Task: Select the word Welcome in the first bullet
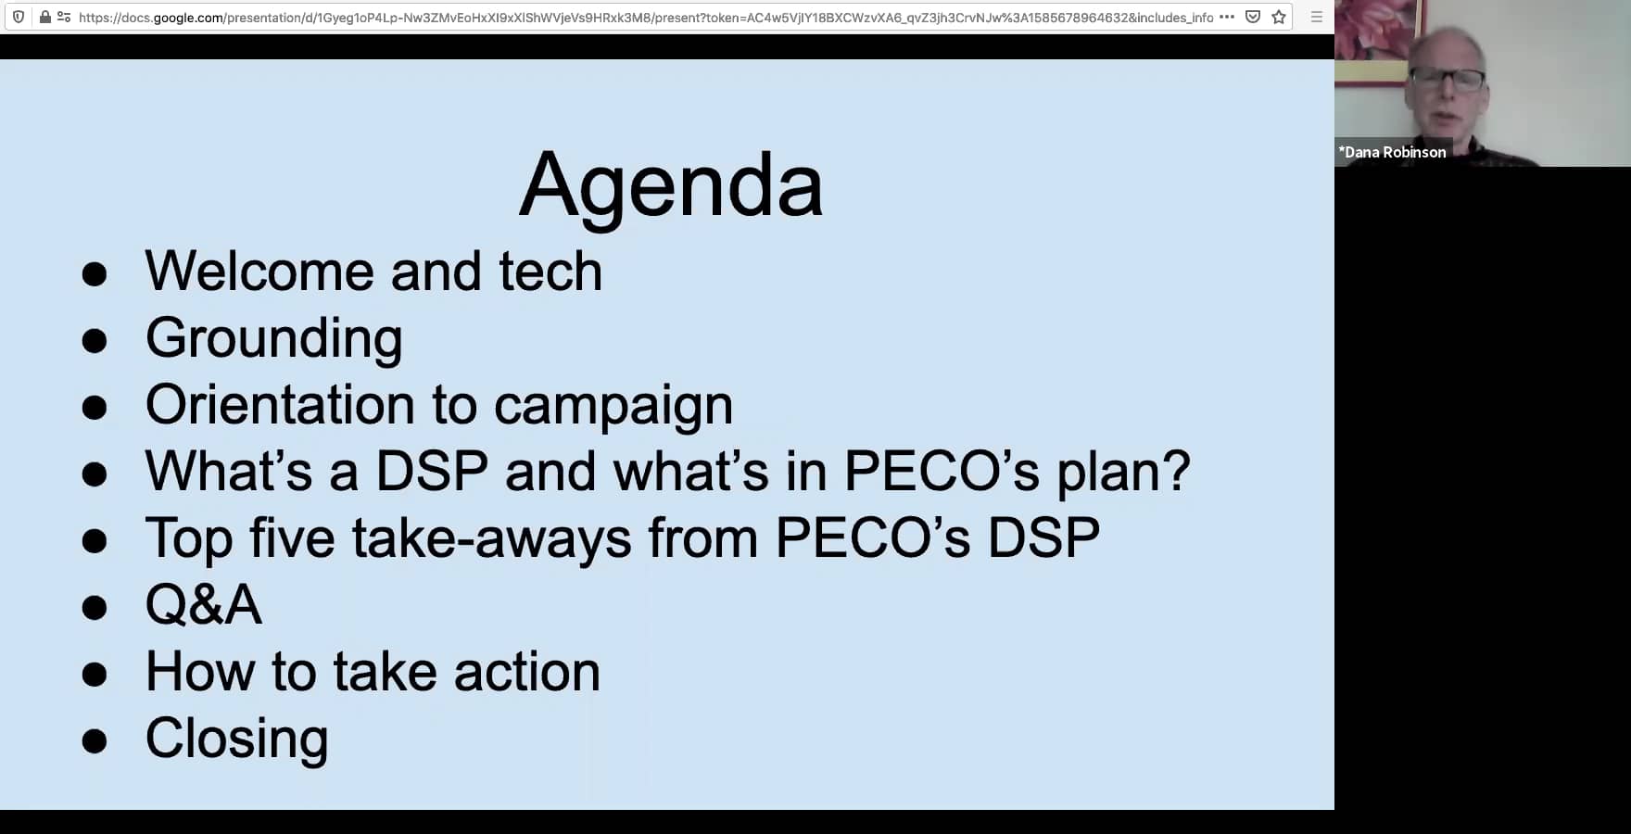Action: click(259, 272)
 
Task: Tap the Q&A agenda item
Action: click(204, 605)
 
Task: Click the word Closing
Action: click(237, 739)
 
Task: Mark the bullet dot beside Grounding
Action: click(95, 341)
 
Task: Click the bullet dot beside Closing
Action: click(95, 741)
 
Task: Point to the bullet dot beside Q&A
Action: click(95, 608)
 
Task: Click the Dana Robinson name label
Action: click(1392, 152)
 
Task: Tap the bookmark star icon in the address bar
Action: click(1279, 17)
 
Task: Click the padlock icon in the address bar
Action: click(44, 17)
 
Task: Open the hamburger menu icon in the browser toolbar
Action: click(1316, 17)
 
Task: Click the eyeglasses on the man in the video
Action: click(1449, 80)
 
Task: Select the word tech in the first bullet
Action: click(550, 272)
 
